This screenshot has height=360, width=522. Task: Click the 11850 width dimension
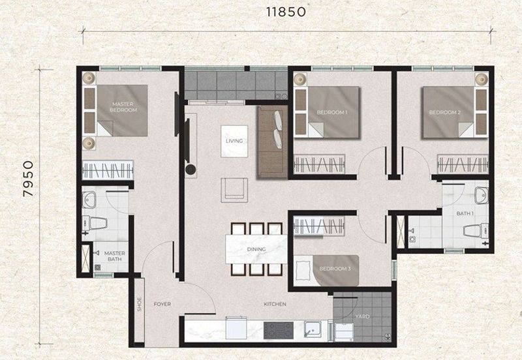(286, 11)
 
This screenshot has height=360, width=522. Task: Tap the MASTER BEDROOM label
(123, 107)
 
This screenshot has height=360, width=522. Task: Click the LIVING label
(234, 141)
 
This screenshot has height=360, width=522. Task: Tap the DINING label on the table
(255, 249)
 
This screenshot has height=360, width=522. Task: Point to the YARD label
(363, 316)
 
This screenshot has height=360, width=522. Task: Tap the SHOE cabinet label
(139, 305)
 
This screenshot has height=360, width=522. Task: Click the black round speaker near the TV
(190, 170)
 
